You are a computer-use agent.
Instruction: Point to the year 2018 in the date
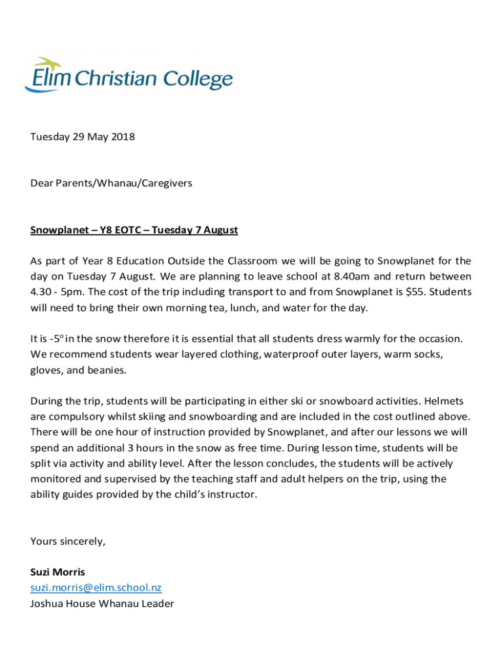tap(122, 137)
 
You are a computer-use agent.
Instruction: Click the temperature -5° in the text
tap(57, 339)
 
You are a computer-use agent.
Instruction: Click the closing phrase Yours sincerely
tap(68, 541)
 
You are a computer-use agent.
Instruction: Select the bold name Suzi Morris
tap(57, 573)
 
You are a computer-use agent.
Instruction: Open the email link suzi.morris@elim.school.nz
tap(96, 588)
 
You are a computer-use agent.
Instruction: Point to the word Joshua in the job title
tap(46, 604)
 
